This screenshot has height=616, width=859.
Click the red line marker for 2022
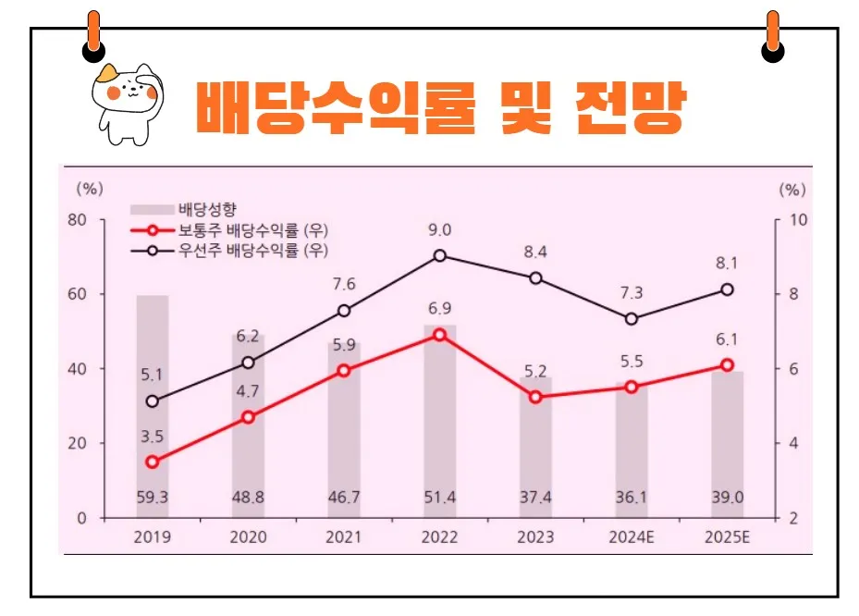click(x=439, y=335)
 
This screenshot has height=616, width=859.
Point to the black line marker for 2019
click(x=152, y=401)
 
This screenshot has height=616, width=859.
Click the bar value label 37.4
click(x=535, y=498)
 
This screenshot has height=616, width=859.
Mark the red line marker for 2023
click(x=535, y=397)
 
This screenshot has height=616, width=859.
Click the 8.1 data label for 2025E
click(x=727, y=262)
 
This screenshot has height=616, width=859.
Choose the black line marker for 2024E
click(x=632, y=319)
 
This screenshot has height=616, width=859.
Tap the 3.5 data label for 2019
click(x=152, y=435)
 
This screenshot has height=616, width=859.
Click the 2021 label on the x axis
click(x=343, y=537)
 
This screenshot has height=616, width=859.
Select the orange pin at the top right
click(x=772, y=32)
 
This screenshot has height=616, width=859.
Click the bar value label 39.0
click(x=727, y=498)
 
